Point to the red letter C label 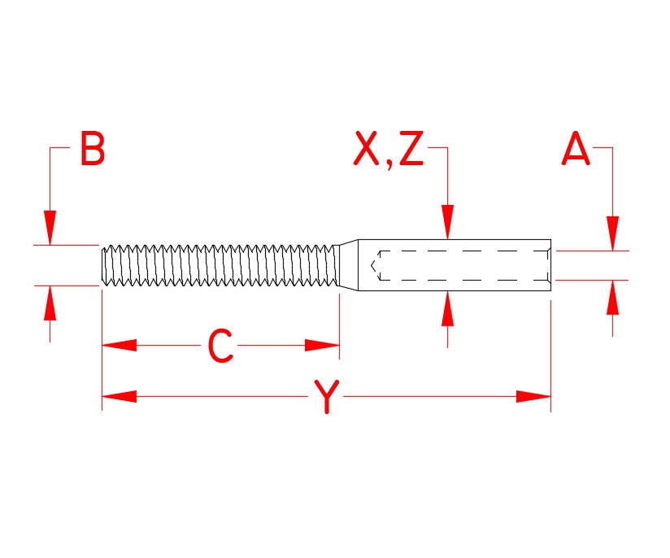coord(220,347)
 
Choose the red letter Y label coord(326,398)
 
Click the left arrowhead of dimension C coord(119,346)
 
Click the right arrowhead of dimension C coord(322,346)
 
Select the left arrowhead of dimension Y coord(119,397)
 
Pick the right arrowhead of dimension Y coord(533,397)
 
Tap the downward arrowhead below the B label coord(50,228)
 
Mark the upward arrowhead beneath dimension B coord(50,303)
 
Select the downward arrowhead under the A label coord(613,233)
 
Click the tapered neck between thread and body coord(348,265)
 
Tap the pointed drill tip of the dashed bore coord(373,265)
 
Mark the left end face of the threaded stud coord(102,266)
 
